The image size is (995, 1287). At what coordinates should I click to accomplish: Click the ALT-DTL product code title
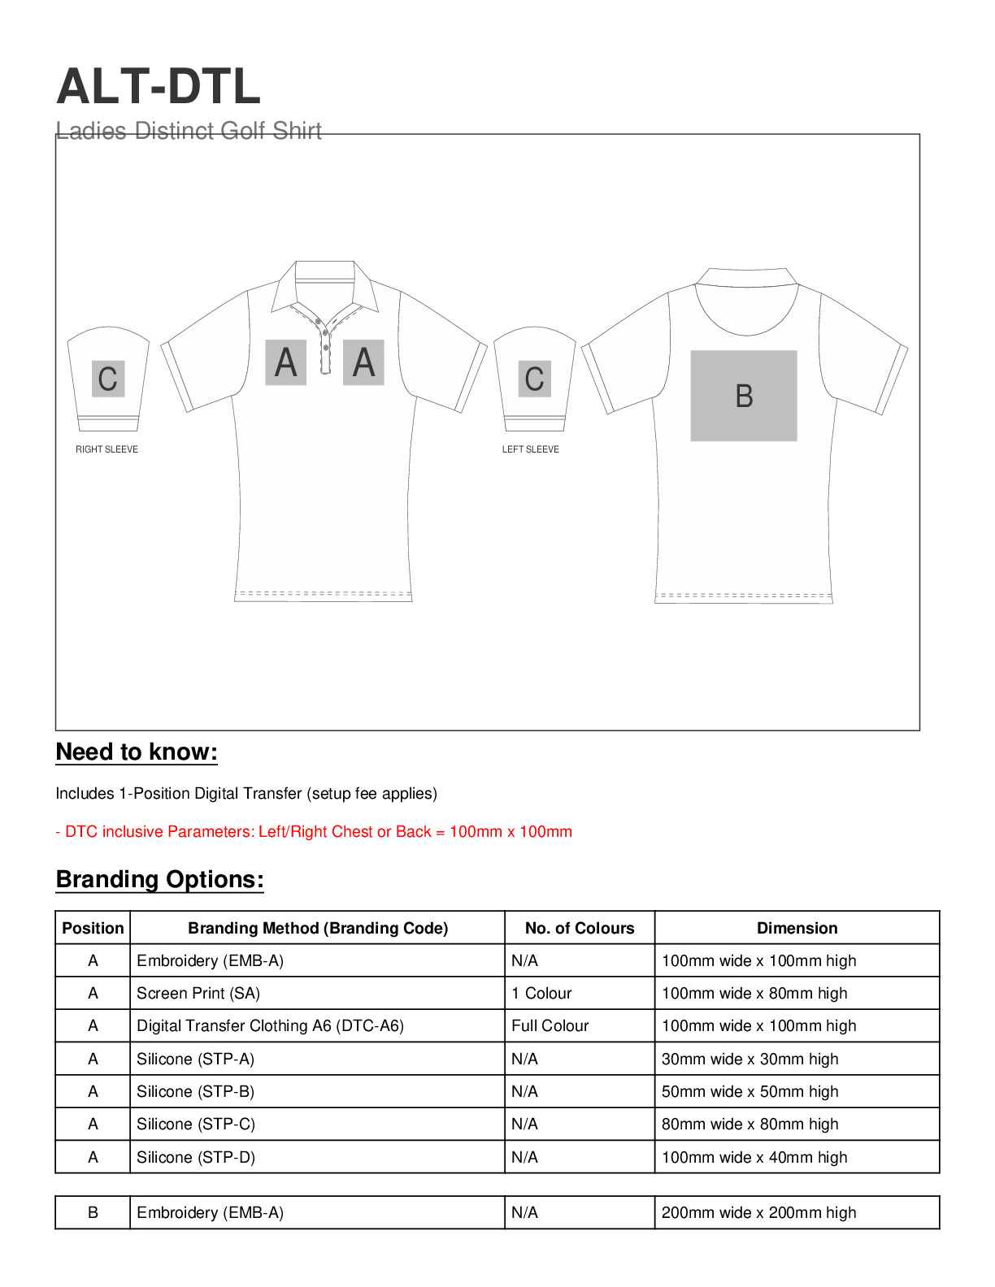(x=159, y=86)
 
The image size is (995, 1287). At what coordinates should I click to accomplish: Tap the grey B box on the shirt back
(x=743, y=396)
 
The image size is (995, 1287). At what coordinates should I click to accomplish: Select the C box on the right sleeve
(x=108, y=379)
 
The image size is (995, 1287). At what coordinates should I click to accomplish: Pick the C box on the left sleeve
(x=534, y=378)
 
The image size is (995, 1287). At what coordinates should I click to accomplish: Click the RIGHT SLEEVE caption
(x=106, y=449)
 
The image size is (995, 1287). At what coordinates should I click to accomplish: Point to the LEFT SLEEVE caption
(x=530, y=449)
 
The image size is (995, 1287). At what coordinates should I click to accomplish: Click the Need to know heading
(x=137, y=752)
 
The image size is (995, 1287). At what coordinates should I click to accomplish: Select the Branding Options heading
(x=159, y=880)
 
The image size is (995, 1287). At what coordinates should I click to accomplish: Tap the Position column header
(x=93, y=928)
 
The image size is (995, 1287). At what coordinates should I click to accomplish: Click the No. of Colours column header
(x=579, y=928)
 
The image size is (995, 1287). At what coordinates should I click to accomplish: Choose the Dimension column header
(x=797, y=928)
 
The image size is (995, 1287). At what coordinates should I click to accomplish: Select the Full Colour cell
(x=550, y=1025)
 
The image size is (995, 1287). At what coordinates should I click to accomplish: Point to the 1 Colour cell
(x=541, y=993)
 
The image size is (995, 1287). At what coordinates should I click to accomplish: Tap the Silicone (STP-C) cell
(x=196, y=1124)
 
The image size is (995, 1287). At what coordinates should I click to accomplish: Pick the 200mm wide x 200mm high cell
(x=758, y=1212)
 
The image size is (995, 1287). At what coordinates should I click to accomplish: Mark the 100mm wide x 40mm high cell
(x=754, y=1157)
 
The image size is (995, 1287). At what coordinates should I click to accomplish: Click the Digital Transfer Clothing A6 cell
(x=270, y=1025)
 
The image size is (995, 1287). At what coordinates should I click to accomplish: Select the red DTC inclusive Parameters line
(x=314, y=831)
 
